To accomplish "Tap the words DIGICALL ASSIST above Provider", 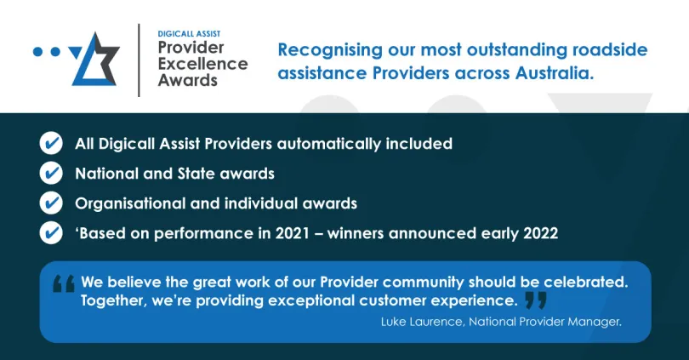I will point(188,34).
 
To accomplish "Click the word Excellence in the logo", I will point(203,64).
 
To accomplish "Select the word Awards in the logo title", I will point(188,81).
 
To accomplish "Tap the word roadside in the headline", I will point(609,49).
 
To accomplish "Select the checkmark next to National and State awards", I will point(51,174).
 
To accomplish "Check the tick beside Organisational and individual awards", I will point(51,203).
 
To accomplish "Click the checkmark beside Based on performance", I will point(51,232).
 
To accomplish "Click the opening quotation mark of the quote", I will point(64,283).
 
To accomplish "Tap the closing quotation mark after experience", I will point(535,300).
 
